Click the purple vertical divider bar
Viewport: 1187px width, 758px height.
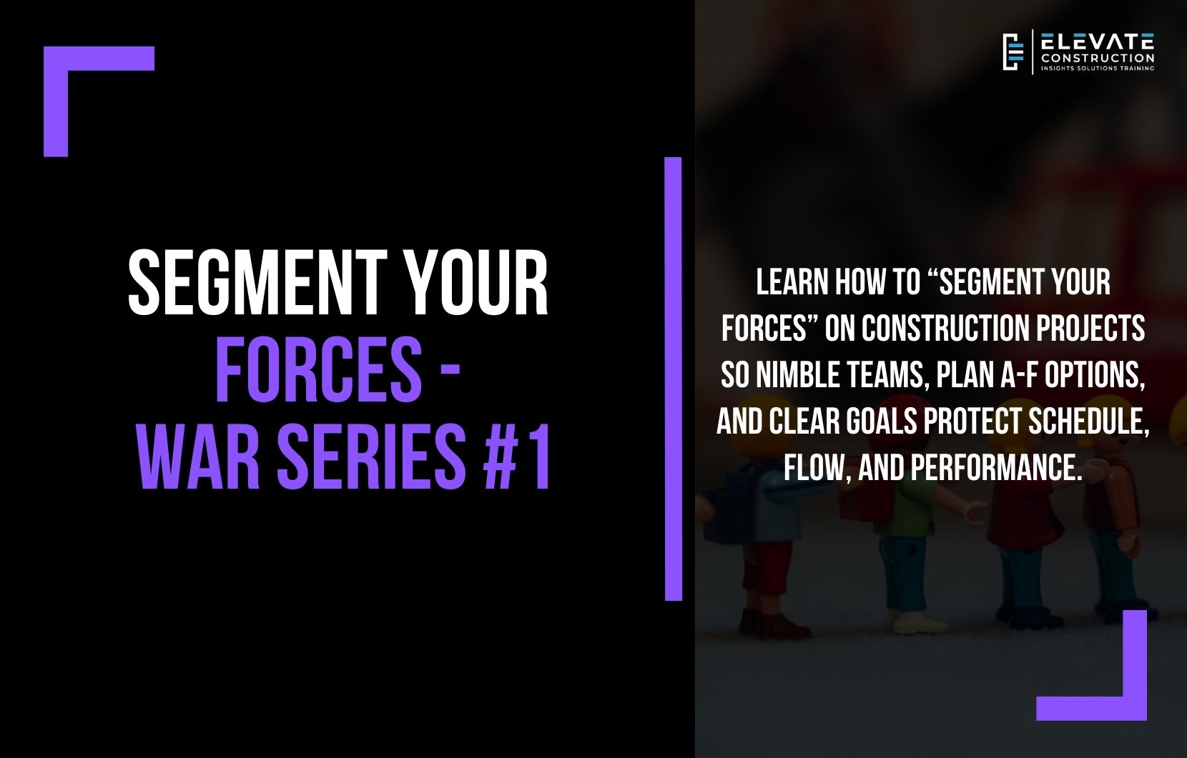(673, 379)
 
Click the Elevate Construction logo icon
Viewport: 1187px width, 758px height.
(1013, 52)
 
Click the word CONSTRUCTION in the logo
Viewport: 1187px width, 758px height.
(1098, 58)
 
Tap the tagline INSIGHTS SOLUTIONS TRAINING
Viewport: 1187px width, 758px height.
(1098, 69)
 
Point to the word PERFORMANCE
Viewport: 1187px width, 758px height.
(994, 468)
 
